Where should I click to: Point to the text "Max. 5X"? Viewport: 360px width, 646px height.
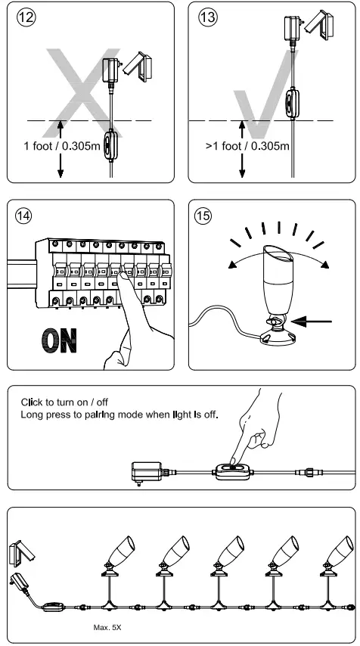coord(108,607)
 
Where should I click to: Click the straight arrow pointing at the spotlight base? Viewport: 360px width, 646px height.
coord(314,321)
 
